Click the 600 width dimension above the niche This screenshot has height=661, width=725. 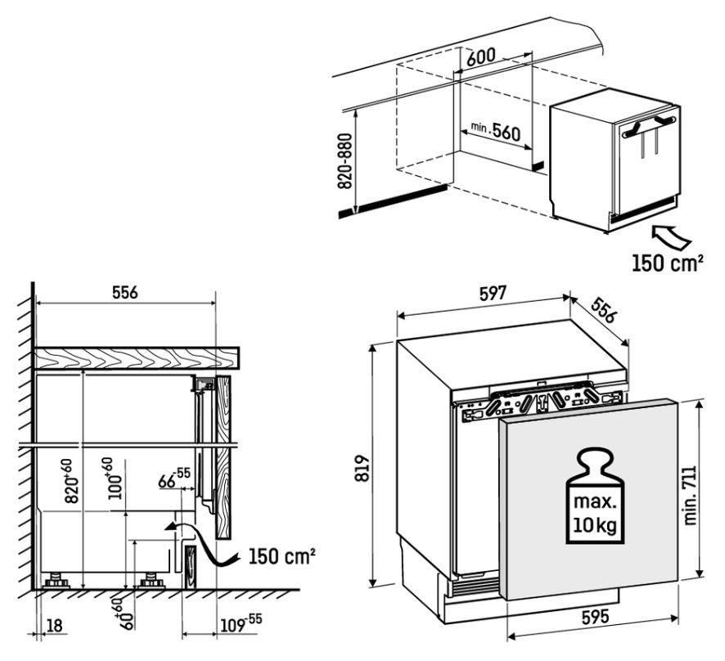tap(481, 57)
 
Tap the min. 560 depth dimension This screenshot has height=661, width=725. tap(496, 131)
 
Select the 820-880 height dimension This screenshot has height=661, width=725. tap(345, 161)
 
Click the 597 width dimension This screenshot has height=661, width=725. tap(493, 294)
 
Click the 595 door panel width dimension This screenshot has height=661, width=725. tap(595, 617)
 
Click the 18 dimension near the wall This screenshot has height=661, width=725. tap(54, 626)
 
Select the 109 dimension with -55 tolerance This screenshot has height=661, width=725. tap(241, 623)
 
